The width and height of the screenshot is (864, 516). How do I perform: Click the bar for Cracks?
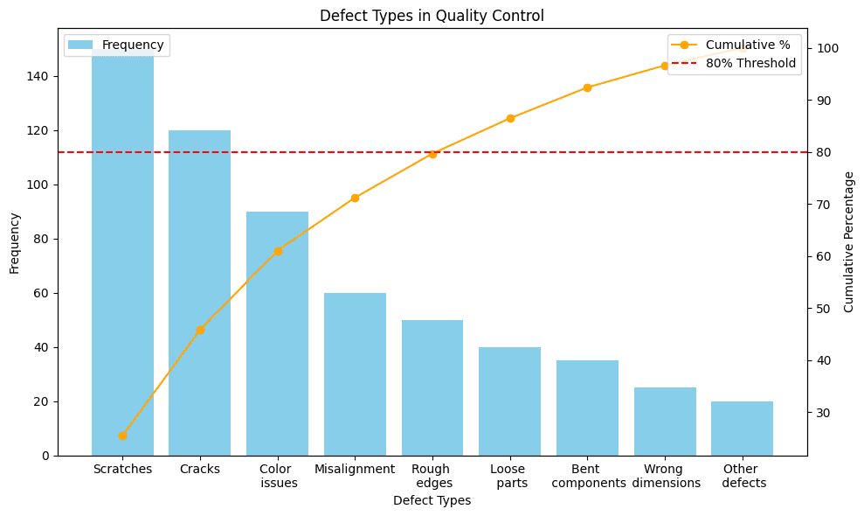(199, 293)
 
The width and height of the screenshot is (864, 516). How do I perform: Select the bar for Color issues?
(277, 333)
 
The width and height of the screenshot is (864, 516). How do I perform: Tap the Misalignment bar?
(355, 374)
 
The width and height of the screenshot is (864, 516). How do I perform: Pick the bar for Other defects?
(742, 429)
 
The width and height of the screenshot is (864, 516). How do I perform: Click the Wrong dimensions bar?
(665, 422)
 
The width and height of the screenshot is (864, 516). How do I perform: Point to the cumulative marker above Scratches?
(122, 436)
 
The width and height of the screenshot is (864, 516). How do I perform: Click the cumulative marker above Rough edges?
(432, 154)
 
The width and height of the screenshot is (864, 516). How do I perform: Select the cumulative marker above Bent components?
(587, 87)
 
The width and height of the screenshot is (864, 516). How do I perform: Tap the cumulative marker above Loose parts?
(510, 118)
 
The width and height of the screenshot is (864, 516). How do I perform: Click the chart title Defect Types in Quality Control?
(432, 14)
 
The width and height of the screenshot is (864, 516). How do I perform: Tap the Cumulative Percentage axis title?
(848, 242)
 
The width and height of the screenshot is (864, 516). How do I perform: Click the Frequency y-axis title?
(14, 242)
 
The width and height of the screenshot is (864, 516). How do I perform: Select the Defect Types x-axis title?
(432, 501)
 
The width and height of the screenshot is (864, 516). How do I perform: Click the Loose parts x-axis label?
(510, 476)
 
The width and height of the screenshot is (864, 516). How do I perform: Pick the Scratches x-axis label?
(122, 469)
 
